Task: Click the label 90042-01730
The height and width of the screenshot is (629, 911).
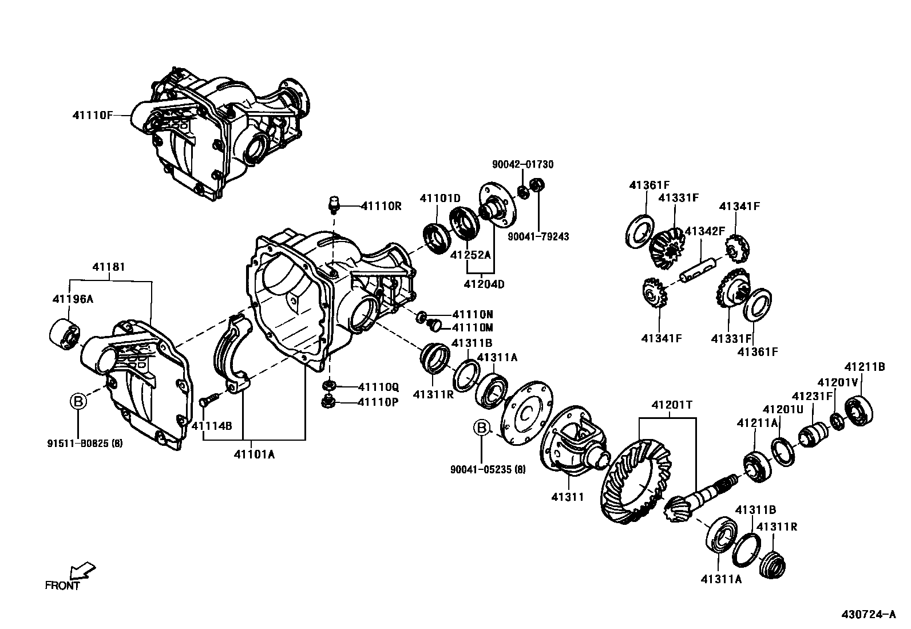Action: click(523, 165)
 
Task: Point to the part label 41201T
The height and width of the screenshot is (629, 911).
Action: click(672, 405)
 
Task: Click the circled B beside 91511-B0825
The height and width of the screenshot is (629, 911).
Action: click(78, 402)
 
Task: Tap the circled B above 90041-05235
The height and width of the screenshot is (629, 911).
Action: click(482, 428)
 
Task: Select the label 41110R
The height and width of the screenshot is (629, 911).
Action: click(382, 205)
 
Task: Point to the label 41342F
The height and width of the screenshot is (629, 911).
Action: click(705, 231)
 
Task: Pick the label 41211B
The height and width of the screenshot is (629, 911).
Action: click(865, 367)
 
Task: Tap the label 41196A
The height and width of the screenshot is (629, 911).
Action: click(72, 299)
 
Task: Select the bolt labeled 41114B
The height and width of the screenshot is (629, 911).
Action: click(209, 399)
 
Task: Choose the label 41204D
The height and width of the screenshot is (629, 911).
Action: click(484, 284)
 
